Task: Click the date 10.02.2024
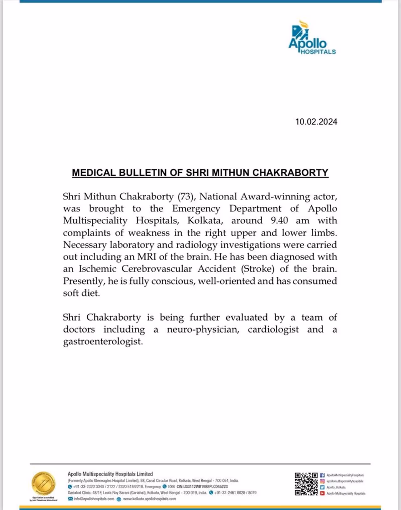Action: tap(316, 122)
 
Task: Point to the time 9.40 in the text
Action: tap(279, 221)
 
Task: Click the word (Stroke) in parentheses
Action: tap(258, 269)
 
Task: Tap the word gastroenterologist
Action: tap(103, 341)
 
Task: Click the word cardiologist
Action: tap(273, 329)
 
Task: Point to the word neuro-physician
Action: tap(203, 329)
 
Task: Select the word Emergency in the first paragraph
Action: tap(196, 209)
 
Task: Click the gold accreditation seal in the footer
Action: tap(44, 483)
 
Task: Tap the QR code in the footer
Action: tap(306, 484)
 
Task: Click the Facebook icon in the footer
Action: tap(322, 475)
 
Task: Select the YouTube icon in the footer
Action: tap(322, 493)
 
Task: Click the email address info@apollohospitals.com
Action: tap(94, 499)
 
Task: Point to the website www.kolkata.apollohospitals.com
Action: tap(149, 499)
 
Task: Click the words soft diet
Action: tap(81, 293)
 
